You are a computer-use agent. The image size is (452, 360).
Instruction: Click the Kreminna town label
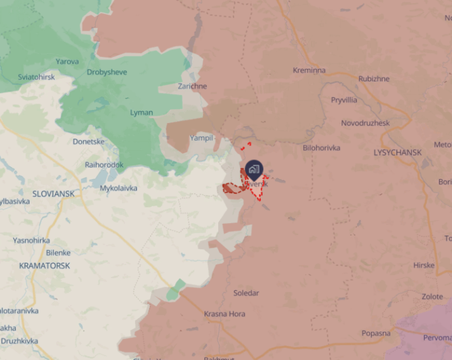pyautogui.click(x=309, y=70)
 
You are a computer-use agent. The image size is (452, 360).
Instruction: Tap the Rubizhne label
pyautogui.click(x=373, y=79)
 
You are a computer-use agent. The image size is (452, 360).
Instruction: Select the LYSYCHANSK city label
pyautogui.click(x=398, y=152)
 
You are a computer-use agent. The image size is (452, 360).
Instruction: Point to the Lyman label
pyautogui.click(x=141, y=113)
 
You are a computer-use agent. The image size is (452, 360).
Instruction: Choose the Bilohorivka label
pyautogui.click(x=322, y=148)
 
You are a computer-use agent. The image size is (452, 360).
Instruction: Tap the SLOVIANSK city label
pyautogui.click(x=53, y=194)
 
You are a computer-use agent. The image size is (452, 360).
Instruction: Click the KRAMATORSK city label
pyautogui.click(x=45, y=266)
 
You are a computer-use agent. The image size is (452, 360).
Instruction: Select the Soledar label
pyautogui.click(x=246, y=293)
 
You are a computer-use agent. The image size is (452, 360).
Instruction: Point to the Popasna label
pyautogui.click(x=376, y=333)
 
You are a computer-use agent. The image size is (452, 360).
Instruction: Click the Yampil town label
pyautogui.click(x=201, y=138)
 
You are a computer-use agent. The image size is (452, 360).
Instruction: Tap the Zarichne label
pyautogui.click(x=193, y=86)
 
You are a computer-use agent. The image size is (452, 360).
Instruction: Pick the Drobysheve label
pyautogui.click(x=108, y=72)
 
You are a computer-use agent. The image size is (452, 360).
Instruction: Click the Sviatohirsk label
pyautogui.click(x=36, y=77)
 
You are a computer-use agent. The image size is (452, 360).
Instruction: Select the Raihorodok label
pyautogui.click(x=104, y=165)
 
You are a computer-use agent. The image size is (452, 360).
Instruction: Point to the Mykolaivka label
pyautogui.click(x=119, y=188)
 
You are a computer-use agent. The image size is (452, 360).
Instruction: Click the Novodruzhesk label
pyautogui.click(x=366, y=123)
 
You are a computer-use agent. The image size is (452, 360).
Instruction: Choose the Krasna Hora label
pyautogui.click(x=225, y=314)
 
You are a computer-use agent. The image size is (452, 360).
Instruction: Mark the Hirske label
pyautogui.click(x=423, y=265)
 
